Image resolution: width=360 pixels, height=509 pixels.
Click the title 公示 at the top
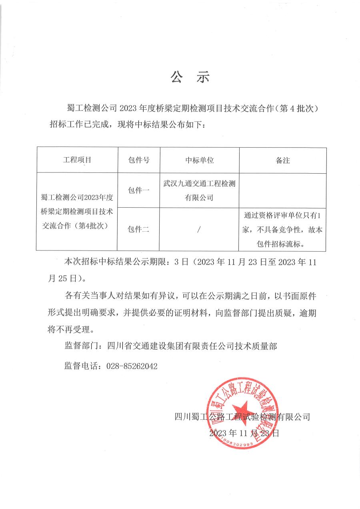pyautogui.click(x=190, y=77)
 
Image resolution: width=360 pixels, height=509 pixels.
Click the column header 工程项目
pyautogui.click(x=77, y=160)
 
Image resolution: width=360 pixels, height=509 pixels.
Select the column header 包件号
pyautogui.click(x=139, y=160)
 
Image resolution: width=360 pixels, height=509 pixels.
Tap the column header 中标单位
pyautogui.click(x=200, y=160)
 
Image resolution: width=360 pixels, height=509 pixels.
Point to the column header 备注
pyautogui.click(x=283, y=160)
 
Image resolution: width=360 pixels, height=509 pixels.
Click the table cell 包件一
pyautogui.click(x=139, y=190)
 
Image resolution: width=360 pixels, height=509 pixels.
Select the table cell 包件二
pyautogui.click(x=139, y=229)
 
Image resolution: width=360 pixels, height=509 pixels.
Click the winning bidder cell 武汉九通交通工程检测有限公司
pyautogui.click(x=200, y=190)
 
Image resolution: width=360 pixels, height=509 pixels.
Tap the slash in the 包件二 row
pyautogui.click(x=199, y=229)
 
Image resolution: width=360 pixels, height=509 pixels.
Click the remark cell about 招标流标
pyautogui.click(x=283, y=229)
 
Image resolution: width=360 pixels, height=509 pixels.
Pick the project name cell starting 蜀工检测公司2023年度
pyautogui.click(x=77, y=211)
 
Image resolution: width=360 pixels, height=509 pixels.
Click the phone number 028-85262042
pyautogui.click(x=132, y=366)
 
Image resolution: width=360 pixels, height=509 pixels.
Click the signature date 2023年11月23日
pyautogui.click(x=244, y=433)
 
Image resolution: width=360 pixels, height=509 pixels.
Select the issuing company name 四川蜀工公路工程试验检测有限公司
pyautogui.click(x=242, y=417)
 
